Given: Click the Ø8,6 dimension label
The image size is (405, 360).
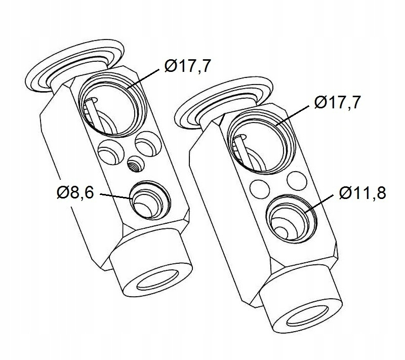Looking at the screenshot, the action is tap(75, 192).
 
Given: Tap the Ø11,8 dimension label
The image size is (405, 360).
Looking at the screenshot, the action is tap(362, 192).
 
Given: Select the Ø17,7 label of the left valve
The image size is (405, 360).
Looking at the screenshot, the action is tap(187, 66).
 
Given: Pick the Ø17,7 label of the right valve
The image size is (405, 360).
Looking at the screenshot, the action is tap(337, 102).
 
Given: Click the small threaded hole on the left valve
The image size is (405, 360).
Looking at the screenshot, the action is tap(136, 165).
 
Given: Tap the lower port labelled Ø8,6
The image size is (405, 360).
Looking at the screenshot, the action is tap(150, 201).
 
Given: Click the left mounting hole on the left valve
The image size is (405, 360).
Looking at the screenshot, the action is tap(111, 152).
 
